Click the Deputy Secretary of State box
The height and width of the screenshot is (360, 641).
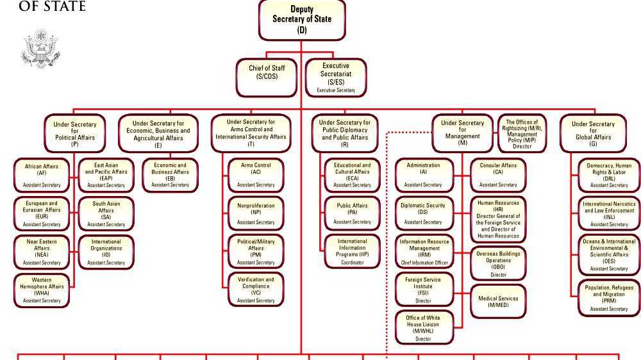(x=302, y=19)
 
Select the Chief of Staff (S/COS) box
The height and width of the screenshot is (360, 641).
(x=267, y=72)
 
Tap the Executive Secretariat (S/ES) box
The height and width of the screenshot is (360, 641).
(x=336, y=78)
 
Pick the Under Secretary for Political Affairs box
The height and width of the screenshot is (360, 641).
(x=75, y=134)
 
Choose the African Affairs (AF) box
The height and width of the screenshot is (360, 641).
(x=42, y=175)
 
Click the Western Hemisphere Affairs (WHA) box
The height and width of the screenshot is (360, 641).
(x=42, y=290)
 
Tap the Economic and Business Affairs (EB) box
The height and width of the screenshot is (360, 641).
(x=170, y=175)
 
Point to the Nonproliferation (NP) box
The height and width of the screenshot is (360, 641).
(x=256, y=214)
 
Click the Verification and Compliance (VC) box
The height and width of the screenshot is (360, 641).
(x=256, y=290)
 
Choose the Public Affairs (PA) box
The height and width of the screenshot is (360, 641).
(x=352, y=213)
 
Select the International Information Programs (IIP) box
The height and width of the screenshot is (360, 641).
(x=352, y=251)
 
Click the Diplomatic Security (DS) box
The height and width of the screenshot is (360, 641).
(x=423, y=213)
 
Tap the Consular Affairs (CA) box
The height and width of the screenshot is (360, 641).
(x=498, y=175)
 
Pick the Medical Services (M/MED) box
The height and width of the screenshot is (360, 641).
(x=498, y=302)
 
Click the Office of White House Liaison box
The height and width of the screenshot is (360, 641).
(x=423, y=327)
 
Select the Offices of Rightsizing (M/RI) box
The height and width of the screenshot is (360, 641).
(x=522, y=134)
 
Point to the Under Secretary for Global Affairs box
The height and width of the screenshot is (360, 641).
(x=593, y=133)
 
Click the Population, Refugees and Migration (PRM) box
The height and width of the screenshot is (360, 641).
(x=609, y=298)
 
